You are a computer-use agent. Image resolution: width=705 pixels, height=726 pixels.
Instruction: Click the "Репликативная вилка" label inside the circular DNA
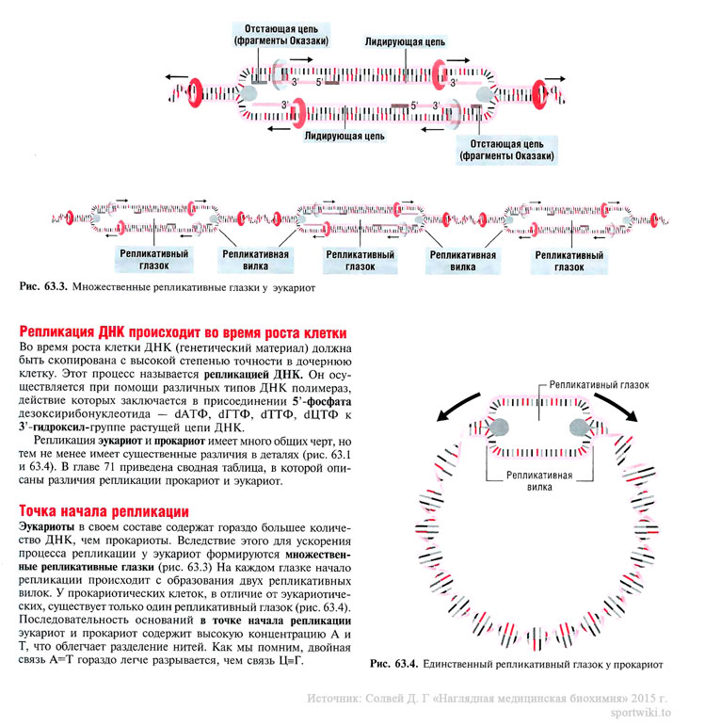pos(537,481)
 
